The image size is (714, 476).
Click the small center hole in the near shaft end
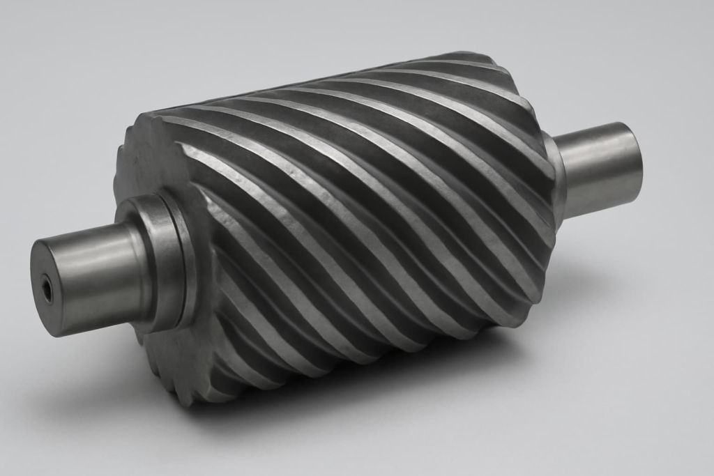46,289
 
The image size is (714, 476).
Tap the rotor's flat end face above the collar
150,160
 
